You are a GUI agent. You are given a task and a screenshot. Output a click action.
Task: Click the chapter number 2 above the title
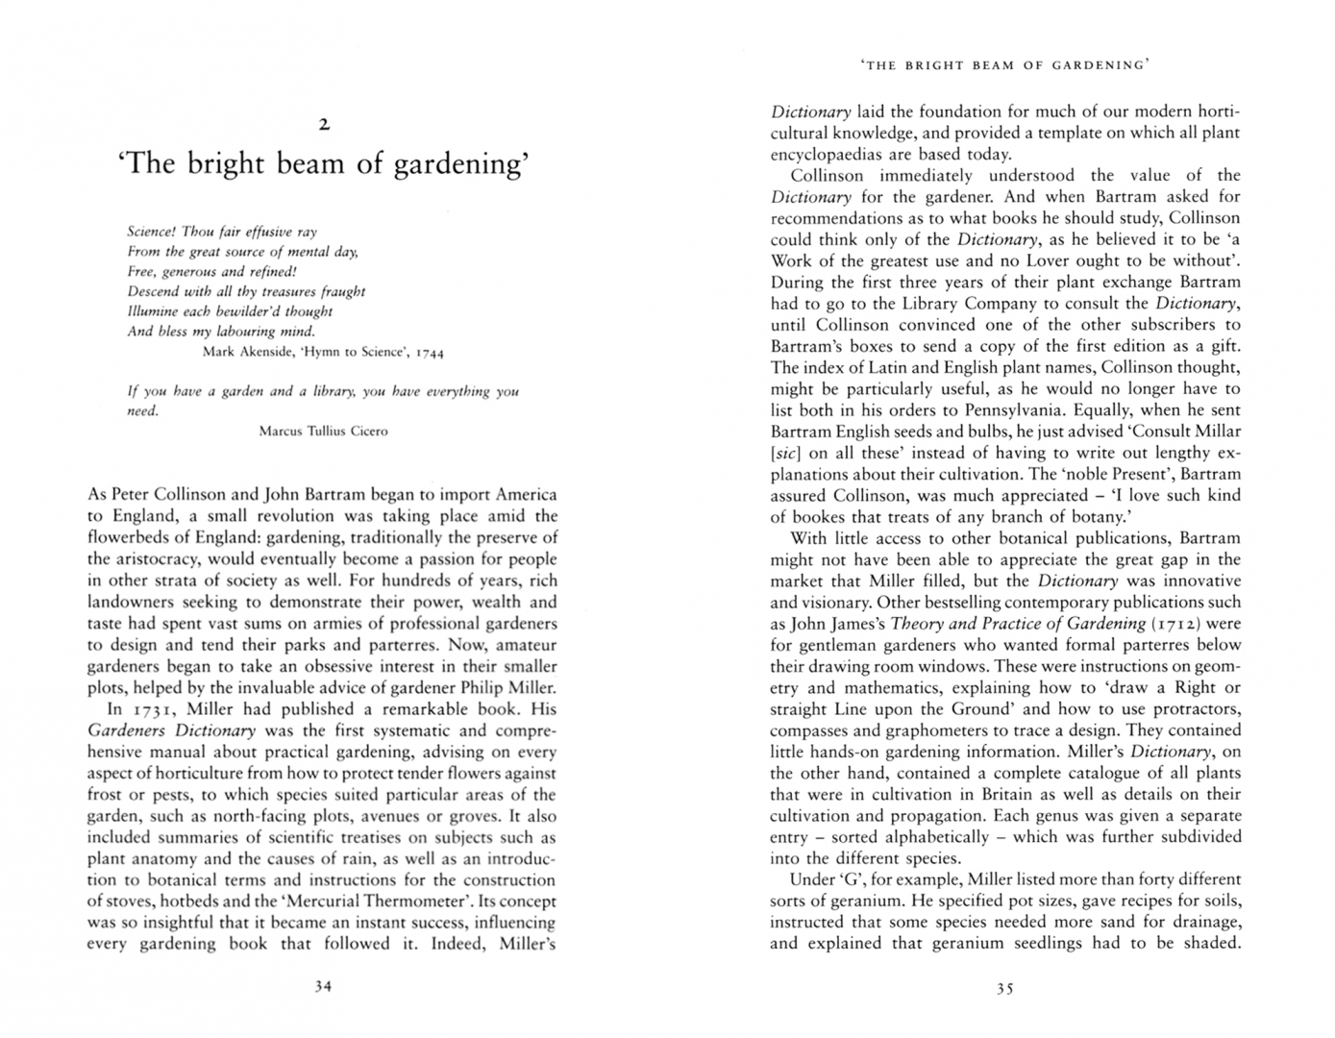pos(324,124)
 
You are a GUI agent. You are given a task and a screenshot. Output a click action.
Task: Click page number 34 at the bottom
pos(323,986)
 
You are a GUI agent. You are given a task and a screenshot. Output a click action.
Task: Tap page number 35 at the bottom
pos(1004,988)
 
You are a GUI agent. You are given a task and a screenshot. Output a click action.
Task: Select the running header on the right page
pos(1005,65)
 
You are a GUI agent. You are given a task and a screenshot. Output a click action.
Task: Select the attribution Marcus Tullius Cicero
pos(323,432)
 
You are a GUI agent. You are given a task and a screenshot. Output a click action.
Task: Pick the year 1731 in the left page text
pos(152,710)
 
